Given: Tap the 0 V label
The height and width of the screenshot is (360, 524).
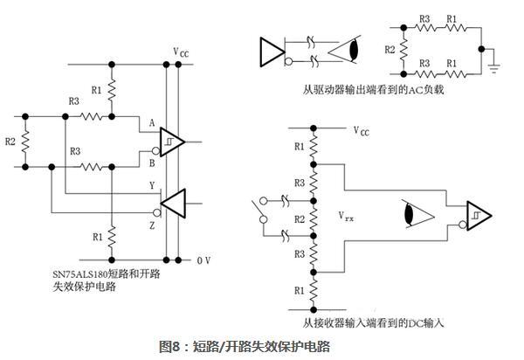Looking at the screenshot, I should click(x=203, y=260).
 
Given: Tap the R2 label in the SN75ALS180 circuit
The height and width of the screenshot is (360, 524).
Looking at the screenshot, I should click(x=10, y=139).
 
